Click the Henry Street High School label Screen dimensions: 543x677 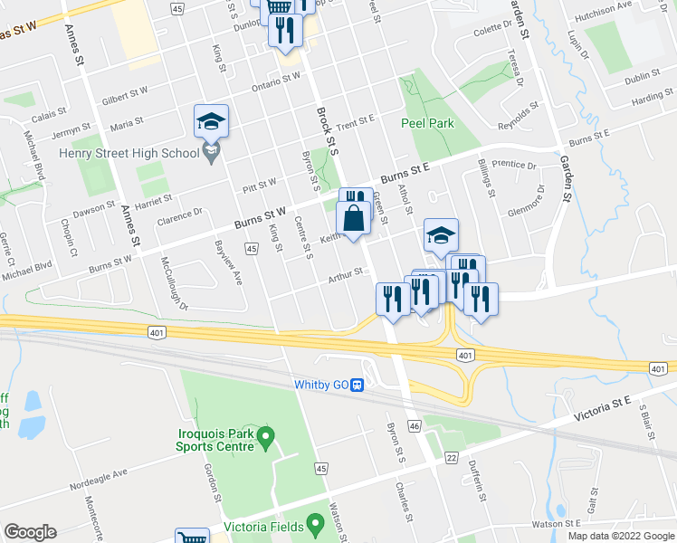pos(129,153)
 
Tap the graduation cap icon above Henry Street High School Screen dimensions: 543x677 pos(211,122)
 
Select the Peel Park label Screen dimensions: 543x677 pos(427,123)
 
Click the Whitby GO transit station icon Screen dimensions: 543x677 pos(358,385)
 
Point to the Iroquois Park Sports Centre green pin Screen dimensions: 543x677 pos(265,438)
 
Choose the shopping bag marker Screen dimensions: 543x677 pos(353,219)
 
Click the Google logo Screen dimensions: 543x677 pos(30,532)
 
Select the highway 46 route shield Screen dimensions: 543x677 pos(414,424)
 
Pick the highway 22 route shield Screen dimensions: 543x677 pos(451,459)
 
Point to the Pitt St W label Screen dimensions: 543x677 pos(259,186)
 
